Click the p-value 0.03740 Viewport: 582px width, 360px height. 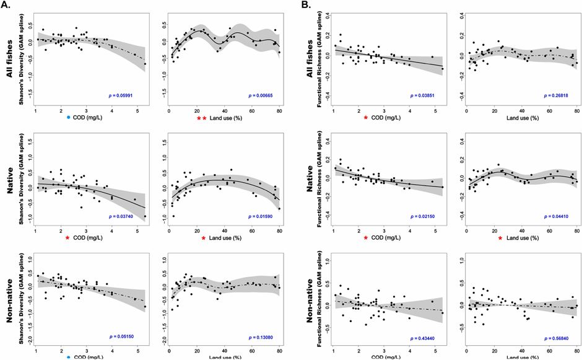click(130, 216)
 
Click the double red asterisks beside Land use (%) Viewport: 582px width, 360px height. click(202, 118)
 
